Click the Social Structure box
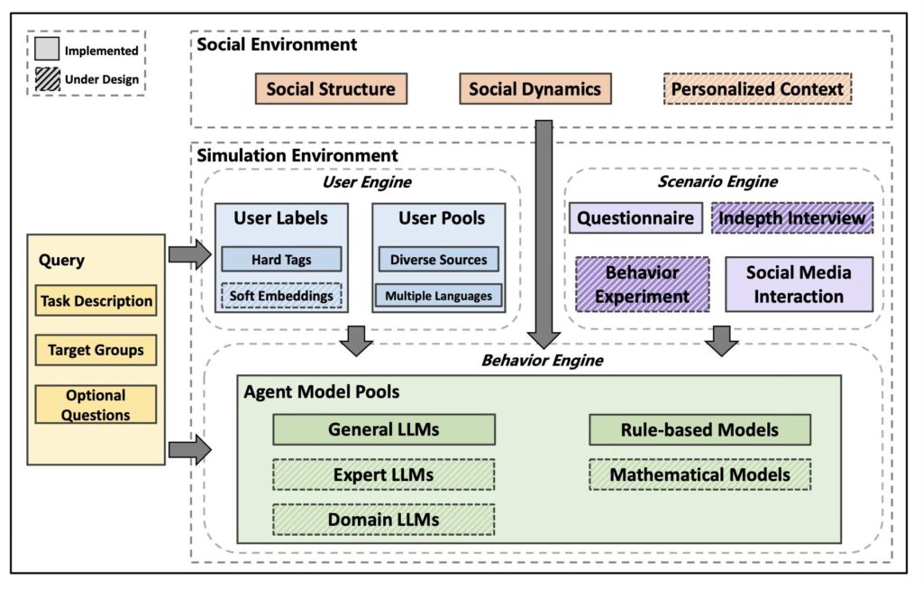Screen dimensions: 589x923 point(331,89)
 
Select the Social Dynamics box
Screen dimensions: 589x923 point(535,89)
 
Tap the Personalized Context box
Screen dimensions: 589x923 point(757,89)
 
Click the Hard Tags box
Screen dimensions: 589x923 point(281,260)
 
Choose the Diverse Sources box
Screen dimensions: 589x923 point(438,260)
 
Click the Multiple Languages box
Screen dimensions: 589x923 point(438,296)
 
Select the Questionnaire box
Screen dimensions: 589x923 point(635,218)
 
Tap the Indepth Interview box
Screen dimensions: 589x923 point(792,218)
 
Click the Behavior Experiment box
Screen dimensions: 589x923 point(642,284)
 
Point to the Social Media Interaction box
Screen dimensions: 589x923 point(799,284)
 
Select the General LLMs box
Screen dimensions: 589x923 point(384,429)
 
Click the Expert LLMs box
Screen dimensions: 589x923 point(384,474)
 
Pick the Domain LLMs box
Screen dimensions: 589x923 point(384,520)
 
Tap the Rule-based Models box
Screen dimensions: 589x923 point(699,429)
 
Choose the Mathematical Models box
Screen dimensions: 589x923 point(699,474)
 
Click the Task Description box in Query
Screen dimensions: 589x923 point(96,301)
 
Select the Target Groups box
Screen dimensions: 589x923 point(96,350)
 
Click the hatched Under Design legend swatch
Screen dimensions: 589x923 point(48,79)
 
